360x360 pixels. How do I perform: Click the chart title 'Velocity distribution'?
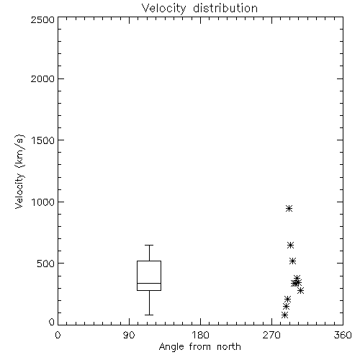[x=199, y=9]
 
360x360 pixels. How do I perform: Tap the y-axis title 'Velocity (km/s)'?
[x=19, y=171]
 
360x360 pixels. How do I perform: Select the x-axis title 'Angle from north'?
[x=199, y=347]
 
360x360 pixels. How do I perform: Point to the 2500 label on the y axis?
[x=43, y=19]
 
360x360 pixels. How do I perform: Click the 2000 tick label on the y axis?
[x=43, y=78]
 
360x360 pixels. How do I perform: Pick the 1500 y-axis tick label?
[x=43, y=140]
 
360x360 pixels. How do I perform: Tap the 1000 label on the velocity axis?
[x=43, y=202]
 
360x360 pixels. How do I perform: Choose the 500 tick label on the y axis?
[x=46, y=264]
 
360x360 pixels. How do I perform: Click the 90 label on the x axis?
[x=129, y=335]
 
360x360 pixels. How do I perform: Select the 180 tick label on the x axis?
[x=200, y=335]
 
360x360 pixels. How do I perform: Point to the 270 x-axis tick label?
[x=271, y=335]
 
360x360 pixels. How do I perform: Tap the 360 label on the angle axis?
[x=343, y=335]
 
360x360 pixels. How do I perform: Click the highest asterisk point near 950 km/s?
[x=289, y=208]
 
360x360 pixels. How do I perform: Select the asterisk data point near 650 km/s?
[x=291, y=245]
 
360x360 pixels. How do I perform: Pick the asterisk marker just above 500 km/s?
[x=292, y=261]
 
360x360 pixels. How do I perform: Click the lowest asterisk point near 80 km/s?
[x=284, y=315]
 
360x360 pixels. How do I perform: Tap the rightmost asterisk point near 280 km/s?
[x=300, y=290]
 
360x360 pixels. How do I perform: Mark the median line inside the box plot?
[x=149, y=283]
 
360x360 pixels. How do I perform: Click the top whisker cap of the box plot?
[x=149, y=245]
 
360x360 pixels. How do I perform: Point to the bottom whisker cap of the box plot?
[x=149, y=315]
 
